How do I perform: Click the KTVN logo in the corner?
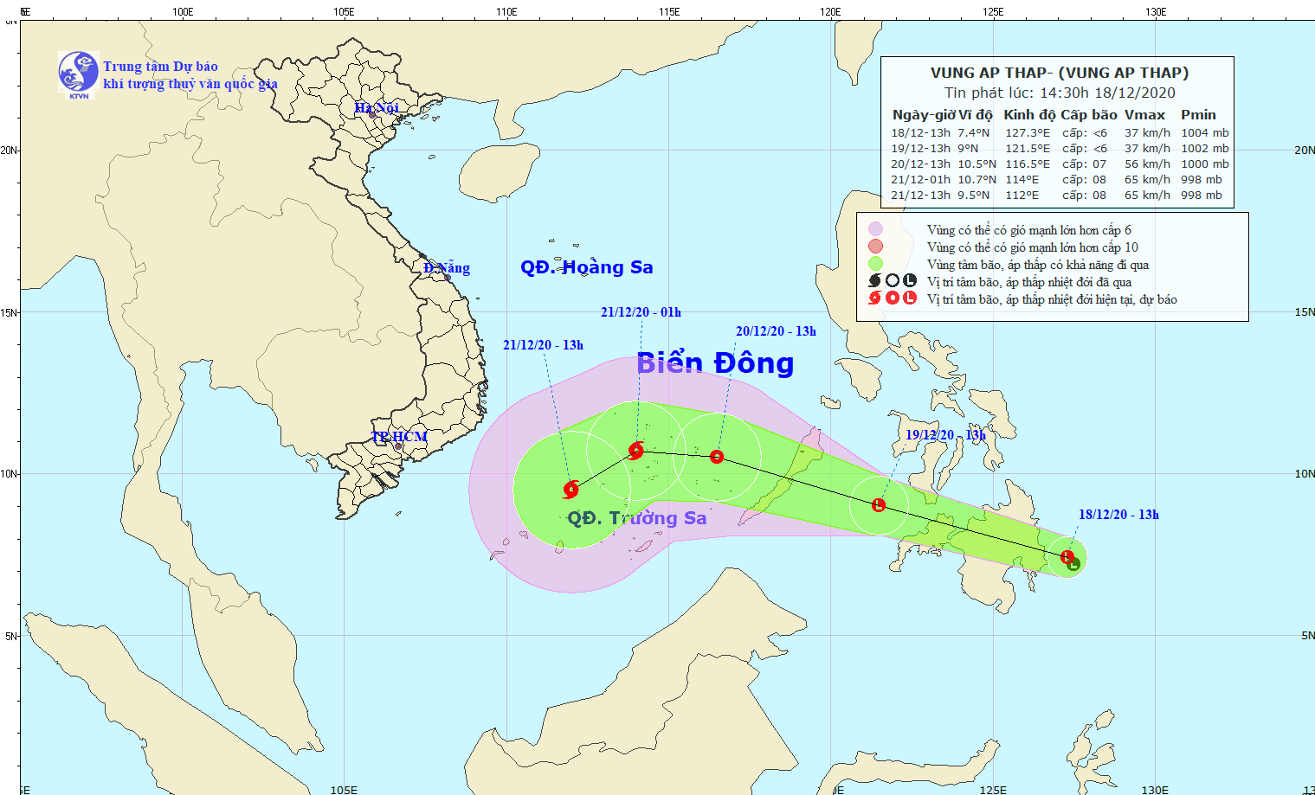click(x=78, y=72)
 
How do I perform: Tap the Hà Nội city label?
click(x=377, y=107)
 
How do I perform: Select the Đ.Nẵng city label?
click(x=447, y=268)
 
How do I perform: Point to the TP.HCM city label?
click(x=399, y=436)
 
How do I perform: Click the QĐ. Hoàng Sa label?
click(x=586, y=267)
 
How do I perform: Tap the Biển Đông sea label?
click(x=714, y=363)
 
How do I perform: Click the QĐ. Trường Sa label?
click(x=636, y=517)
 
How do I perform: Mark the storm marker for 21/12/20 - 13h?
click(x=570, y=490)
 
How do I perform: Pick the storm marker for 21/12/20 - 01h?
click(x=636, y=450)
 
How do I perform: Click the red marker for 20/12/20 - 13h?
click(x=717, y=457)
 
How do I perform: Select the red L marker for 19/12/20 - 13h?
click(x=879, y=505)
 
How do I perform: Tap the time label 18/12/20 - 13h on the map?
click(x=1118, y=515)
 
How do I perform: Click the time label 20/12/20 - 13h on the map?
click(x=776, y=331)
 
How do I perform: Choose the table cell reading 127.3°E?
click(x=1027, y=133)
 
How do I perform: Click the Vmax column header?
click(x=1144, y=115)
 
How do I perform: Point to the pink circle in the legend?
click(x=876, y=229)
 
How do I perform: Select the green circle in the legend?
click(x=876, y=264)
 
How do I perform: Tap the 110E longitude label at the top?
click(x=506, y=11)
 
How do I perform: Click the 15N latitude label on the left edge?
click(x=9, y=312)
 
